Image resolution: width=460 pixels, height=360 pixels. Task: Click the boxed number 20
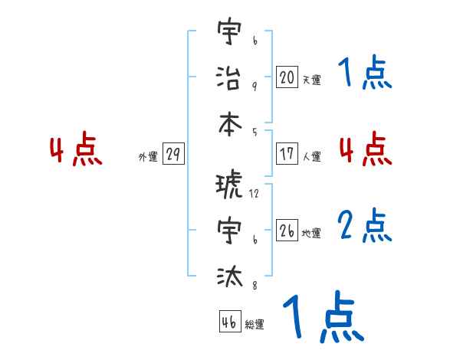tap(287, 77)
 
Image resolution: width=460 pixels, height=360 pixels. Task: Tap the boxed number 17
tap(287, 153)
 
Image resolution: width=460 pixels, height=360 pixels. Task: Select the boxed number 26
tap(287, 230)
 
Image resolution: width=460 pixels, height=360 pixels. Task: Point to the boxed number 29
tap(173, 154)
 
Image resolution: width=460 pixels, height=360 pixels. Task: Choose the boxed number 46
tap(229, 322)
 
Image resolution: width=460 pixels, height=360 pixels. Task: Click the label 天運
tap(311, 80)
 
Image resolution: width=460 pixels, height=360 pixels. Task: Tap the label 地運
tap(311, 234)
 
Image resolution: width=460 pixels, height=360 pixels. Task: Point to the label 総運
tap(255, 325)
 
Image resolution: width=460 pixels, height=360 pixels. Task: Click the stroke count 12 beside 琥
tap(254, 194)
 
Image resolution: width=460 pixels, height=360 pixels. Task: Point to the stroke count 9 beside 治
tap(254, 86)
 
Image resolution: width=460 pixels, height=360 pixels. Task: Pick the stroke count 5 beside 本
tap(254, 131)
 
